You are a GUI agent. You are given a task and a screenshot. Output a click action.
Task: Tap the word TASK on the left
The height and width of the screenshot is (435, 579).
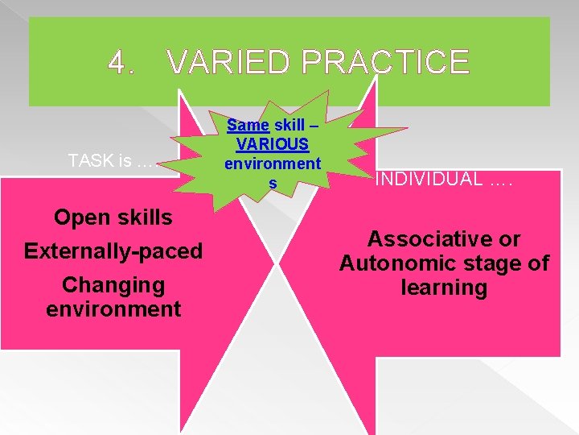tap(91, 160)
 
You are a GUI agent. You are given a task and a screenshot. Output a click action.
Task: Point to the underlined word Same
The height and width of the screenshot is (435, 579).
tap(248, 125)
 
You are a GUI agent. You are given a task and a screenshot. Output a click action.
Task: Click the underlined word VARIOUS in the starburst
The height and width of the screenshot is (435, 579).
tap(273, 145)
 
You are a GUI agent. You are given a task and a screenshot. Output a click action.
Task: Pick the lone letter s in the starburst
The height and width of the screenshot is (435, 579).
tap(273, 184)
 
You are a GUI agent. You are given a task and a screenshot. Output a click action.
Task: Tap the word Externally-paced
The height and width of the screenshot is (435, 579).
tap(113, 251)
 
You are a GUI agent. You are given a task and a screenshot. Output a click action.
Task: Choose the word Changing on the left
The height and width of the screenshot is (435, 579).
tap(113, 285)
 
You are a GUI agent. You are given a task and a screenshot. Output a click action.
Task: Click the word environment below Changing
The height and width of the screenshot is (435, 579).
tap(113, 309)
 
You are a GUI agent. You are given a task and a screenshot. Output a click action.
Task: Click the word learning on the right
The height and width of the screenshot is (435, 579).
tap(444, 288)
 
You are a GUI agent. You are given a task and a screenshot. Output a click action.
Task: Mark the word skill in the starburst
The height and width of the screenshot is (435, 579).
tap(289, 125)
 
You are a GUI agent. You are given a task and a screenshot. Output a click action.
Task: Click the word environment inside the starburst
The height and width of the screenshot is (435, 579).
tap(273, 164)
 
